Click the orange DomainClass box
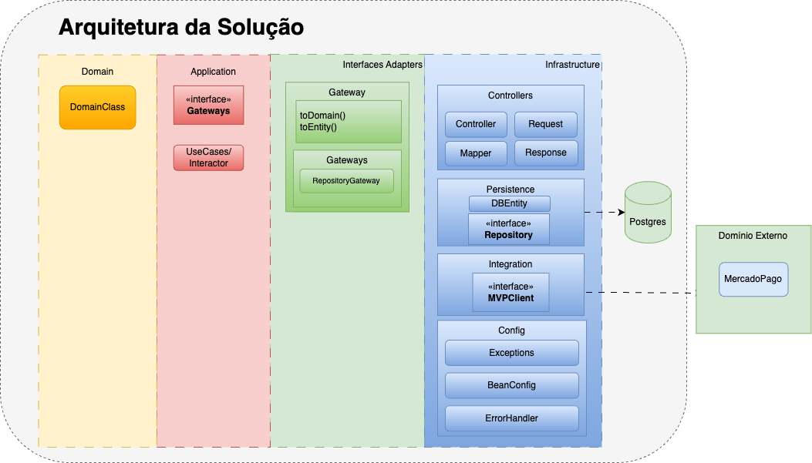point(97,107)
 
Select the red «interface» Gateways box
point(208,106)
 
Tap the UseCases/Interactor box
point(208,157)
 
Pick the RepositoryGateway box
point(346,181)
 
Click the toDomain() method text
point(322,116)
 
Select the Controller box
point(476,124)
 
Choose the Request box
point(545,124)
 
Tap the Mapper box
point(476,153)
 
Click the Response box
point(545,153)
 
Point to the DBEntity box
point(509,203)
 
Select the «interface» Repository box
point(509,230)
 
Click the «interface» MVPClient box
point(510,292)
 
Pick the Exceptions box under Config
point(511,353)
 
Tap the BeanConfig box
point(511,385)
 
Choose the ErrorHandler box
point(511,418)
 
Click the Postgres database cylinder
point(646,213)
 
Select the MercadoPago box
point(753,279)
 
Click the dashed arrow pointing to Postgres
point(604,212)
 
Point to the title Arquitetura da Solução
point(181,27)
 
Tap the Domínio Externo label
point(753,236)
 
